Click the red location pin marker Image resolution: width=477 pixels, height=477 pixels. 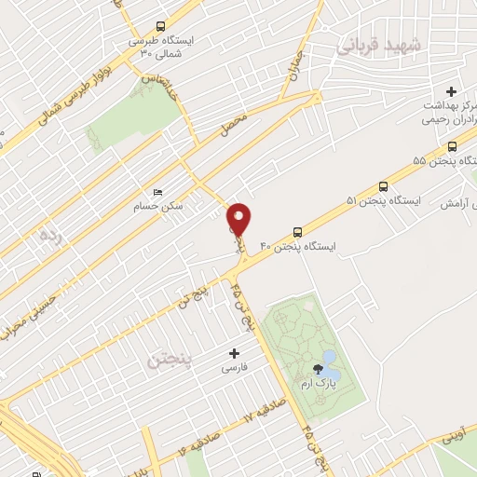[239, 219]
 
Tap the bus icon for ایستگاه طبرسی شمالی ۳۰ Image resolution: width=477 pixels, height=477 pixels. [161, 27]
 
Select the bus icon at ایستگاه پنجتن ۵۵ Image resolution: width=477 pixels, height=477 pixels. [452, 146]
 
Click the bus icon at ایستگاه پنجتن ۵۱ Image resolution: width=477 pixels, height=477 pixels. [383, 185]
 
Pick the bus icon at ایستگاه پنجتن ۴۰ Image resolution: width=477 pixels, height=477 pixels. [297, 231]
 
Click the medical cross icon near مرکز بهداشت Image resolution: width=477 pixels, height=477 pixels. [452, 91]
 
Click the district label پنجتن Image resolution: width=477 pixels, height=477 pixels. [168, 358]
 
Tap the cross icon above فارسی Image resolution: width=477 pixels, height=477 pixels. [234, 353]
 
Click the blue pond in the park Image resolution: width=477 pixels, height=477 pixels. [329, 359]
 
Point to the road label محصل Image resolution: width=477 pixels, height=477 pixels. [233, 124]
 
